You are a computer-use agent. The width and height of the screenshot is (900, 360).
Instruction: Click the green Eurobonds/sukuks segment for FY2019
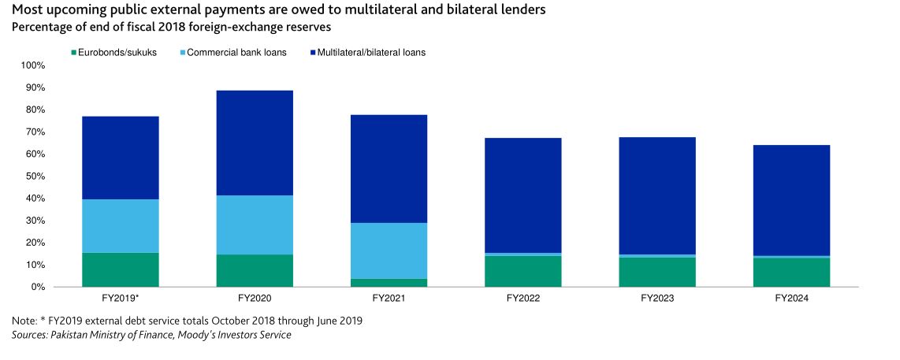coord(120,269)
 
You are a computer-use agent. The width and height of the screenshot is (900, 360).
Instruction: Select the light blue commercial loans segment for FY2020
coord(254,225)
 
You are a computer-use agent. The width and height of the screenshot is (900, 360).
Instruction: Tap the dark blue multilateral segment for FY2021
coord(388,169)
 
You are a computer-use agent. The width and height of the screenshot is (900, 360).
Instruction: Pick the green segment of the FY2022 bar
coord(523,271)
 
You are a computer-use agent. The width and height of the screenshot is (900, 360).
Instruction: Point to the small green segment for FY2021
coord(388,283)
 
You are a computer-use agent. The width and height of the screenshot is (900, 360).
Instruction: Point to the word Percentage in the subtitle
coord(40,27)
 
